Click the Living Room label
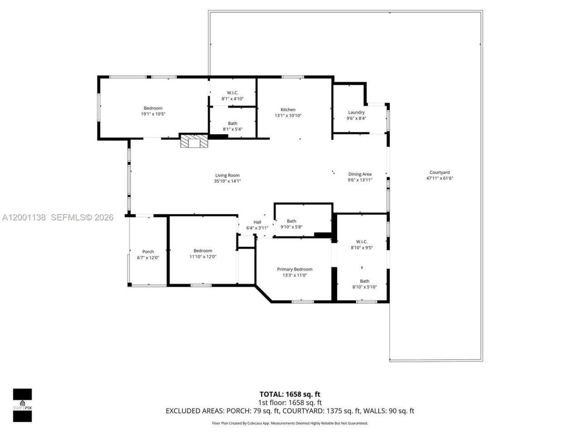click(x=227, y=175)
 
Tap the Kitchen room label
click(x=288, y=110)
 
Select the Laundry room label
click(x=356, y=112)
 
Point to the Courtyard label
click(x=440, y=172)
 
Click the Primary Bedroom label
click(x=295, y=269)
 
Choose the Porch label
click(x=148, y=252)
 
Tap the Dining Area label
click(x=360, y=174)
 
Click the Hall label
click(x=257, y=222)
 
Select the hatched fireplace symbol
click(x=194, y=141)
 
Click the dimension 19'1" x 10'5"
click(x=153, y=114)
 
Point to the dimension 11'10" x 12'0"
click(x=203, y=257)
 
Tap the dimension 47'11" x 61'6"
click(x=440, y=179)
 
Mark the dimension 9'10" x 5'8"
click(x=291, y=227)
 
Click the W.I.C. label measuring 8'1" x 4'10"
click(x=232, y=93)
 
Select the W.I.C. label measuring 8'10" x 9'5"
click(x=362, y=242)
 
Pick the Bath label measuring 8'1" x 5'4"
click(x=232, y=123)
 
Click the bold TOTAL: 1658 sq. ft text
click(x=290, y=394)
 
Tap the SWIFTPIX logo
click(x=22, y=405)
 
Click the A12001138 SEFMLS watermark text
click(x=58, y=217)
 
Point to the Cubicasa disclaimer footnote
click(x=290, y=423)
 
